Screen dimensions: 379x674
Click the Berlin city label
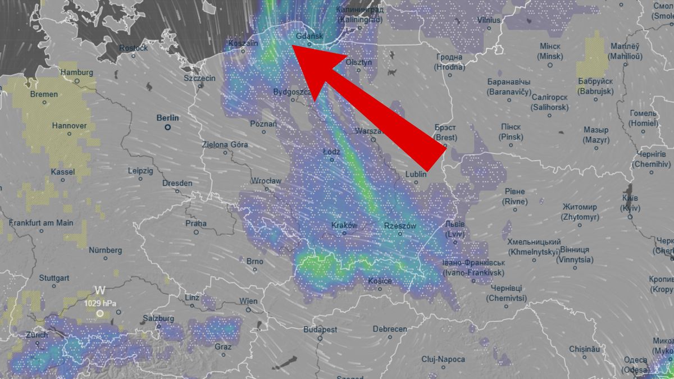click(x=168, y=118)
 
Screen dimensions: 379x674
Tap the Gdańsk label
click(x=309, y=36)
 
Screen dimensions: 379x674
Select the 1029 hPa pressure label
click(x=101, y=303)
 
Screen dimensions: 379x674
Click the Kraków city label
click(x=344, y=225)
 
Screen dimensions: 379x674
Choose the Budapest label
click(x=320, y=330)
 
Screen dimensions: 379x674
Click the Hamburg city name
click(x=76, y=72)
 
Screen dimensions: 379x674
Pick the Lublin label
click(x=416, y=175)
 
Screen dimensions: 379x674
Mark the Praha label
click(x=196, y=223)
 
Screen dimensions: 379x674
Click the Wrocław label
click(x=267, y=181)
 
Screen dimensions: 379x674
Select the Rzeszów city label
click(x=400, y=226)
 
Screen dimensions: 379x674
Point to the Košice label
click(x=380, y=281)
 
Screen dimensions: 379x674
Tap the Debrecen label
click(x=389, y=329)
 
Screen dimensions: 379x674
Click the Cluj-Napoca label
click(x=443, y=359)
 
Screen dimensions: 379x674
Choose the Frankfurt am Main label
click(x=41, y=223)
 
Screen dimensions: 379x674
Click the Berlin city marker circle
click(x=167, y=127)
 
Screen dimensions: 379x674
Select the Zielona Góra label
click(x=225, y=144)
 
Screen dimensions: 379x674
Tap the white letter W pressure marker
click(x=100, y=290)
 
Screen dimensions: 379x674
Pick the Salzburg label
click(x=158, y=318)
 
